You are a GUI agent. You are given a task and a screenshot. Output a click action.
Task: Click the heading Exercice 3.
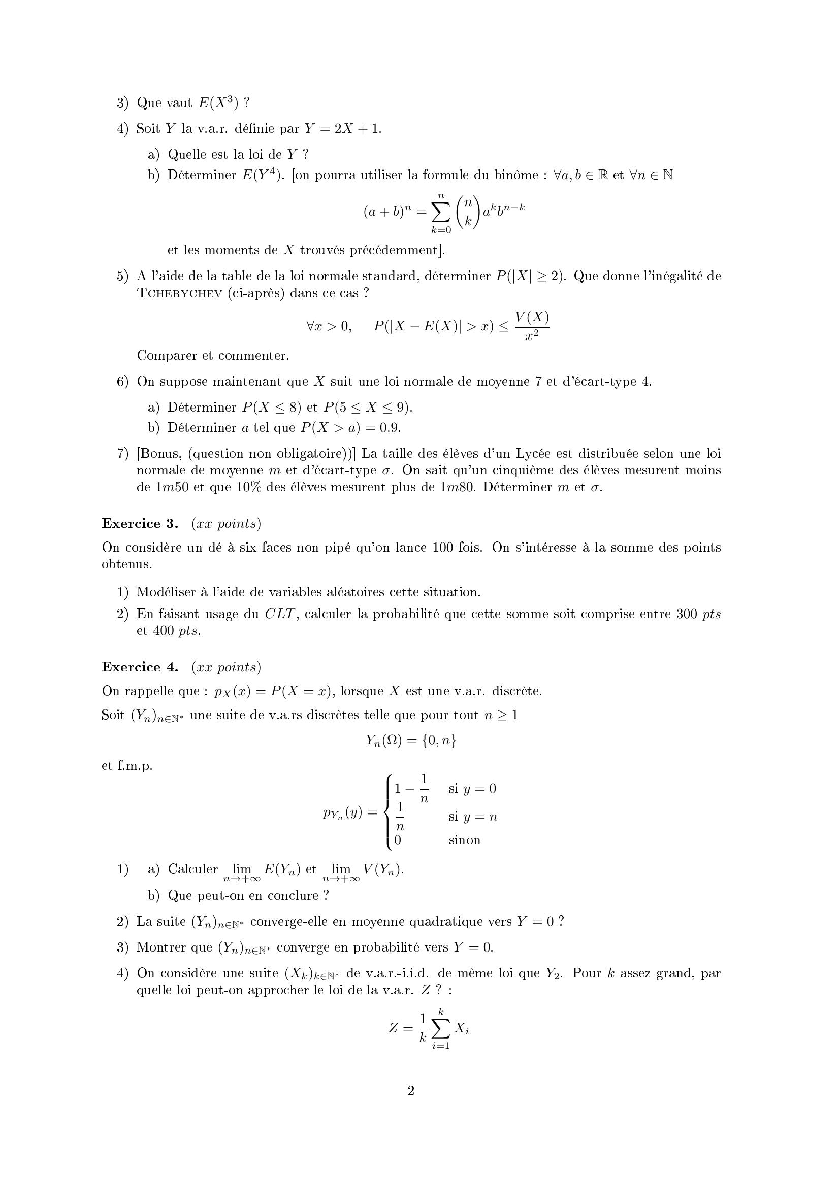(x=140, y=524)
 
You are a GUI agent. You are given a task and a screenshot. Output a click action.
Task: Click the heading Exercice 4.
(x=140, y=667)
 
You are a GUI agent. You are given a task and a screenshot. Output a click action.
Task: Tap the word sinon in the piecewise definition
(x=465, y=840)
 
